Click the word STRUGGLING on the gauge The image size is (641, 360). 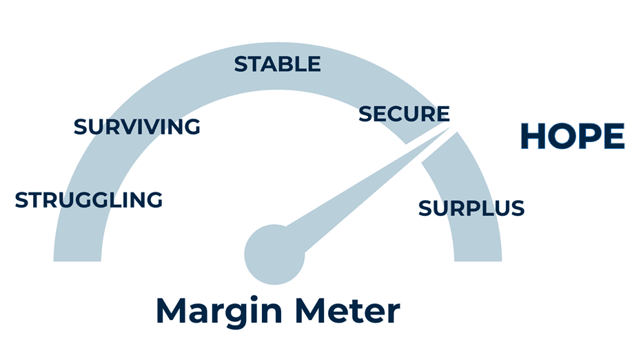88,200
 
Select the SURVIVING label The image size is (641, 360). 136,127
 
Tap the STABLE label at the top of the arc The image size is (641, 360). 277,64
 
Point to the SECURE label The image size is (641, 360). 404,114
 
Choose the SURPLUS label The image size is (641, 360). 471,208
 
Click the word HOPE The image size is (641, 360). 572,137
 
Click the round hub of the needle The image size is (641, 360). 274,254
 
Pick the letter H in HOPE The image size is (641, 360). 533,137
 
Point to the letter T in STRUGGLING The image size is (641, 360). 37,200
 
